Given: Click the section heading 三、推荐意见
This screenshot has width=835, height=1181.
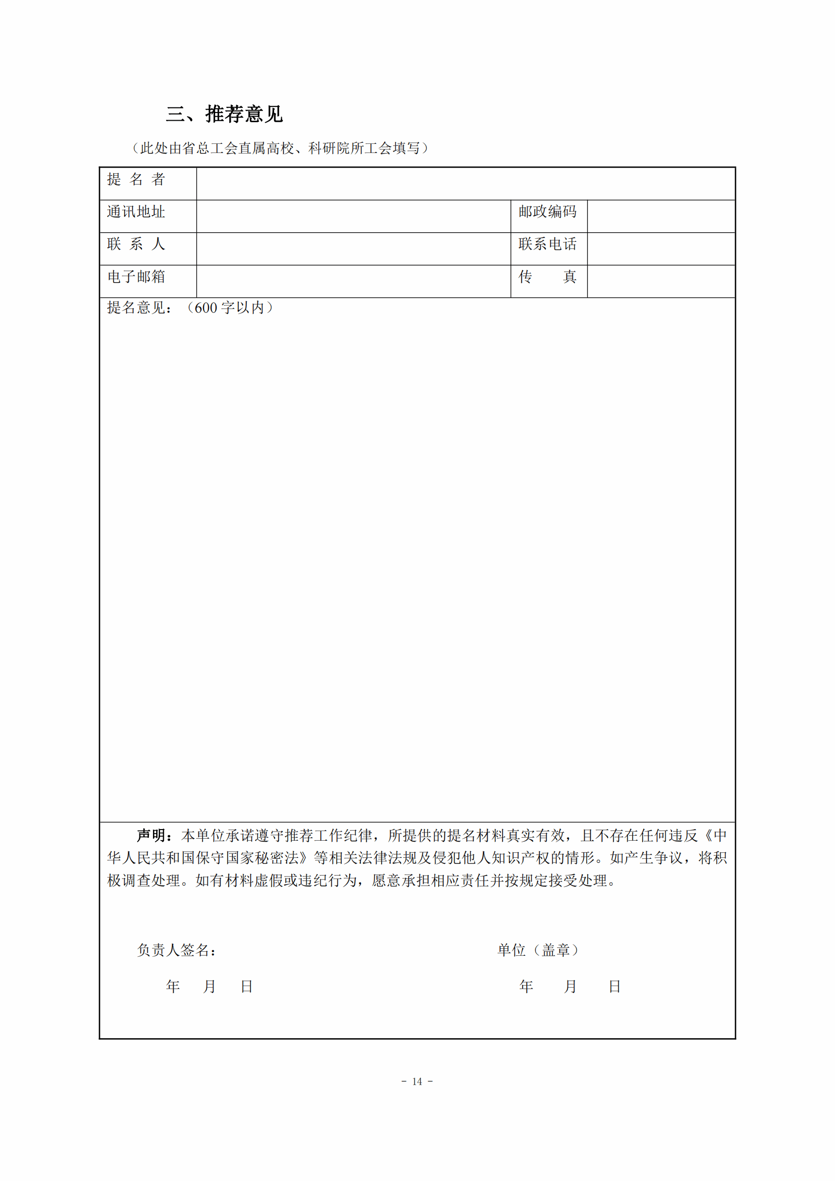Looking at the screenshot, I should (x=224, y=114).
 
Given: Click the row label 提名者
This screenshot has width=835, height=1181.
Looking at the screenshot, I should (x=136, y=180).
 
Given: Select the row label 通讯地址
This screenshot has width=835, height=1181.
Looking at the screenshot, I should (x=136, y=212).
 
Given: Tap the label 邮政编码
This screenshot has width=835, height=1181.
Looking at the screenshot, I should (x=547, y=212).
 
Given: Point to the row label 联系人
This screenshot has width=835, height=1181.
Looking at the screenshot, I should (x=136, y=244).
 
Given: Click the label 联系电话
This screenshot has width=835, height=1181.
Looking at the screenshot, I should (x=547, y=244).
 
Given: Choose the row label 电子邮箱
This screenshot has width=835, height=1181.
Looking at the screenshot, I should (x=136, y=277).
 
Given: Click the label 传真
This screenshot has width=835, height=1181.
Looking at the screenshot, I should (x=547, y=277).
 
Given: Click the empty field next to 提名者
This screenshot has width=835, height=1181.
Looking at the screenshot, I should (x=465, y=184).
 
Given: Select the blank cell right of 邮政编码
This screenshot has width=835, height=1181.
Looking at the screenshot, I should (x=661, y=216).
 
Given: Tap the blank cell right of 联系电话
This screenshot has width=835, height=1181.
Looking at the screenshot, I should (x=661, y=249).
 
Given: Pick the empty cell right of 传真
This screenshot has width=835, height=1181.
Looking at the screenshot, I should (x=661, y=281).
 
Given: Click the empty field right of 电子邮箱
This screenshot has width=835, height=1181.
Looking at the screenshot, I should (x=353, y=281).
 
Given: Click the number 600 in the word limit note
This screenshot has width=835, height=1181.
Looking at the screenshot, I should (x=205, y=308).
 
